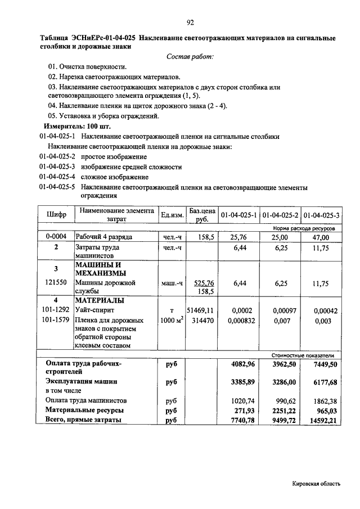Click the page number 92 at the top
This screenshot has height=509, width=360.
pyautogui.click(x=190, y=22)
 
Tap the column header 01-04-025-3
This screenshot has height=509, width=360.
pyautogui.click(x=321, y=215)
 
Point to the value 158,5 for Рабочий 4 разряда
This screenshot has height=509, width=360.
pyautogui.click(x=202, y=238)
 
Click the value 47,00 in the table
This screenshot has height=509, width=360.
pyautogui.click(x=321, y=238)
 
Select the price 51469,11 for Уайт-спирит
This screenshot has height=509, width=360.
pyautogui.click(x=200, y=310)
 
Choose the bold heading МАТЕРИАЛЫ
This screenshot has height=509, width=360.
pyautogui.click(x=100, y=300)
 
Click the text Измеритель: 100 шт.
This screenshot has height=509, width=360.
pyautogui.click(x=72, y=126)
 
